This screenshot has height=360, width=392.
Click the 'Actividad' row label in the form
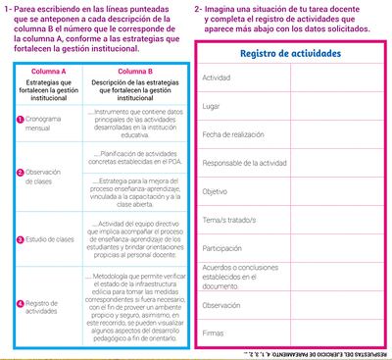coord(218,77)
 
